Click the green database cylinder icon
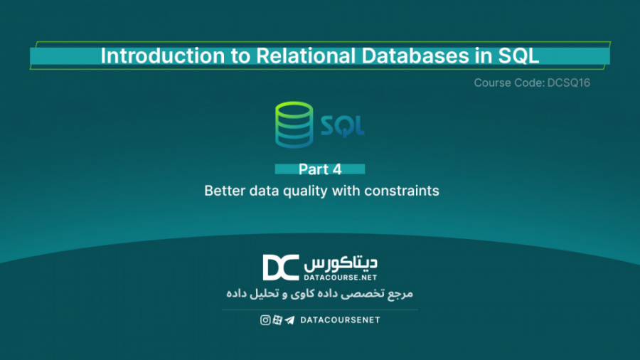click(293, 126)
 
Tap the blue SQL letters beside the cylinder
click(342, 127)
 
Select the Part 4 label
click(320, 169)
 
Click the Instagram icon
click(265, 320)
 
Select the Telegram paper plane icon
click(289, 320)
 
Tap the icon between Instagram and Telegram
click(277, 320)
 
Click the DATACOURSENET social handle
click(340, 320)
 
